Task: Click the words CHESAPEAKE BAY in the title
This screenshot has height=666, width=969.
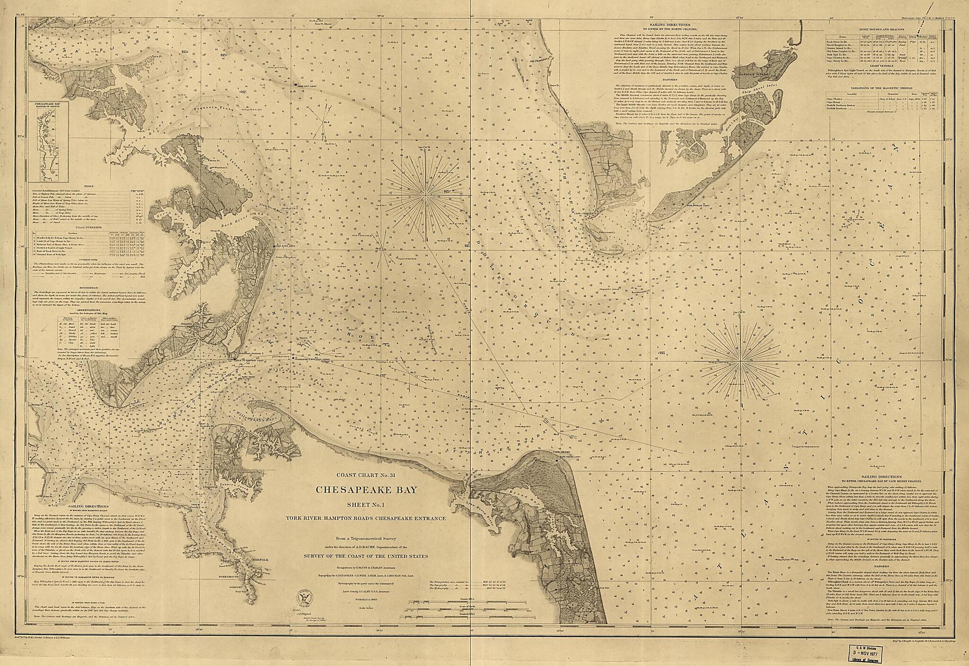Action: tap(367, 490)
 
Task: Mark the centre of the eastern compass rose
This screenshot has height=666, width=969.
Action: tap(740, 376)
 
